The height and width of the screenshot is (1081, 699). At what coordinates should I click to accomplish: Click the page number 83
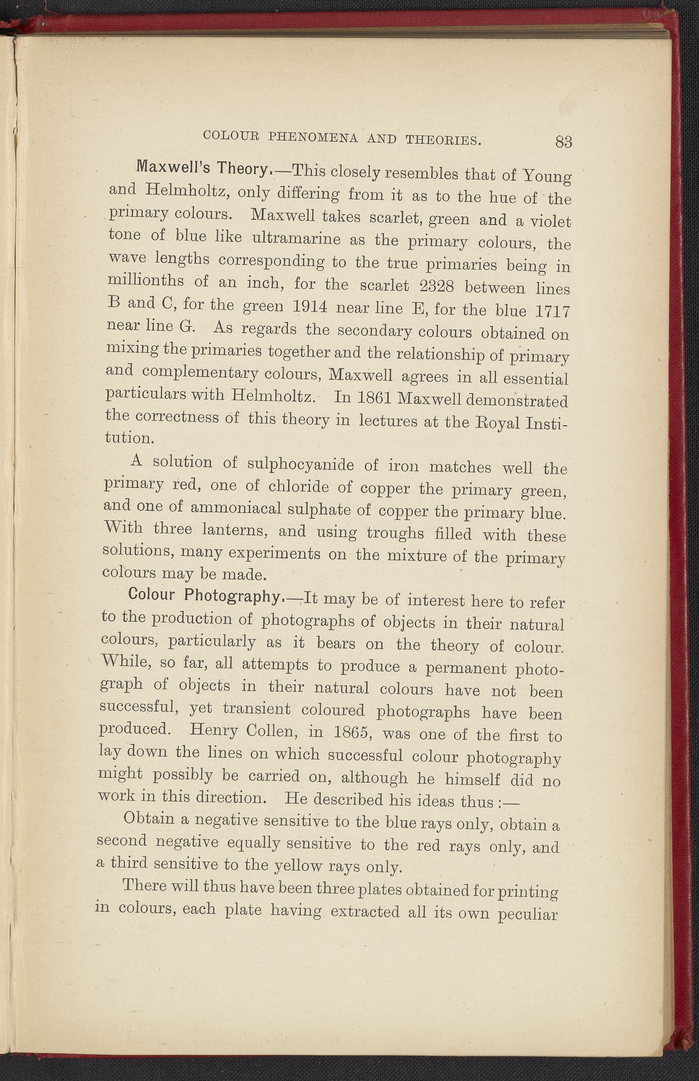563,142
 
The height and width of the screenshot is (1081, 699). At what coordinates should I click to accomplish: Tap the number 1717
552,312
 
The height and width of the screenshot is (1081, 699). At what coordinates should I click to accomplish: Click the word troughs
395,533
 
